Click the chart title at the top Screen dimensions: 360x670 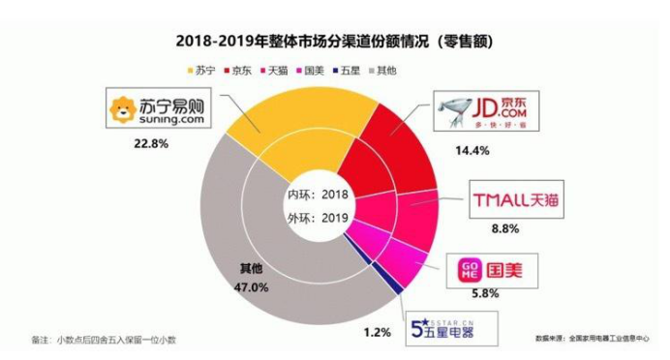click(334, 42)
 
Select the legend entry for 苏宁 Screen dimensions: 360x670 click(198, 71)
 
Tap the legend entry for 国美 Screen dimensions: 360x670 click(315, 71)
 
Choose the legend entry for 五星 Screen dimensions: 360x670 click(353, 71)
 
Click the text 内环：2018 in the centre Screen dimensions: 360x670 click(317, 195)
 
